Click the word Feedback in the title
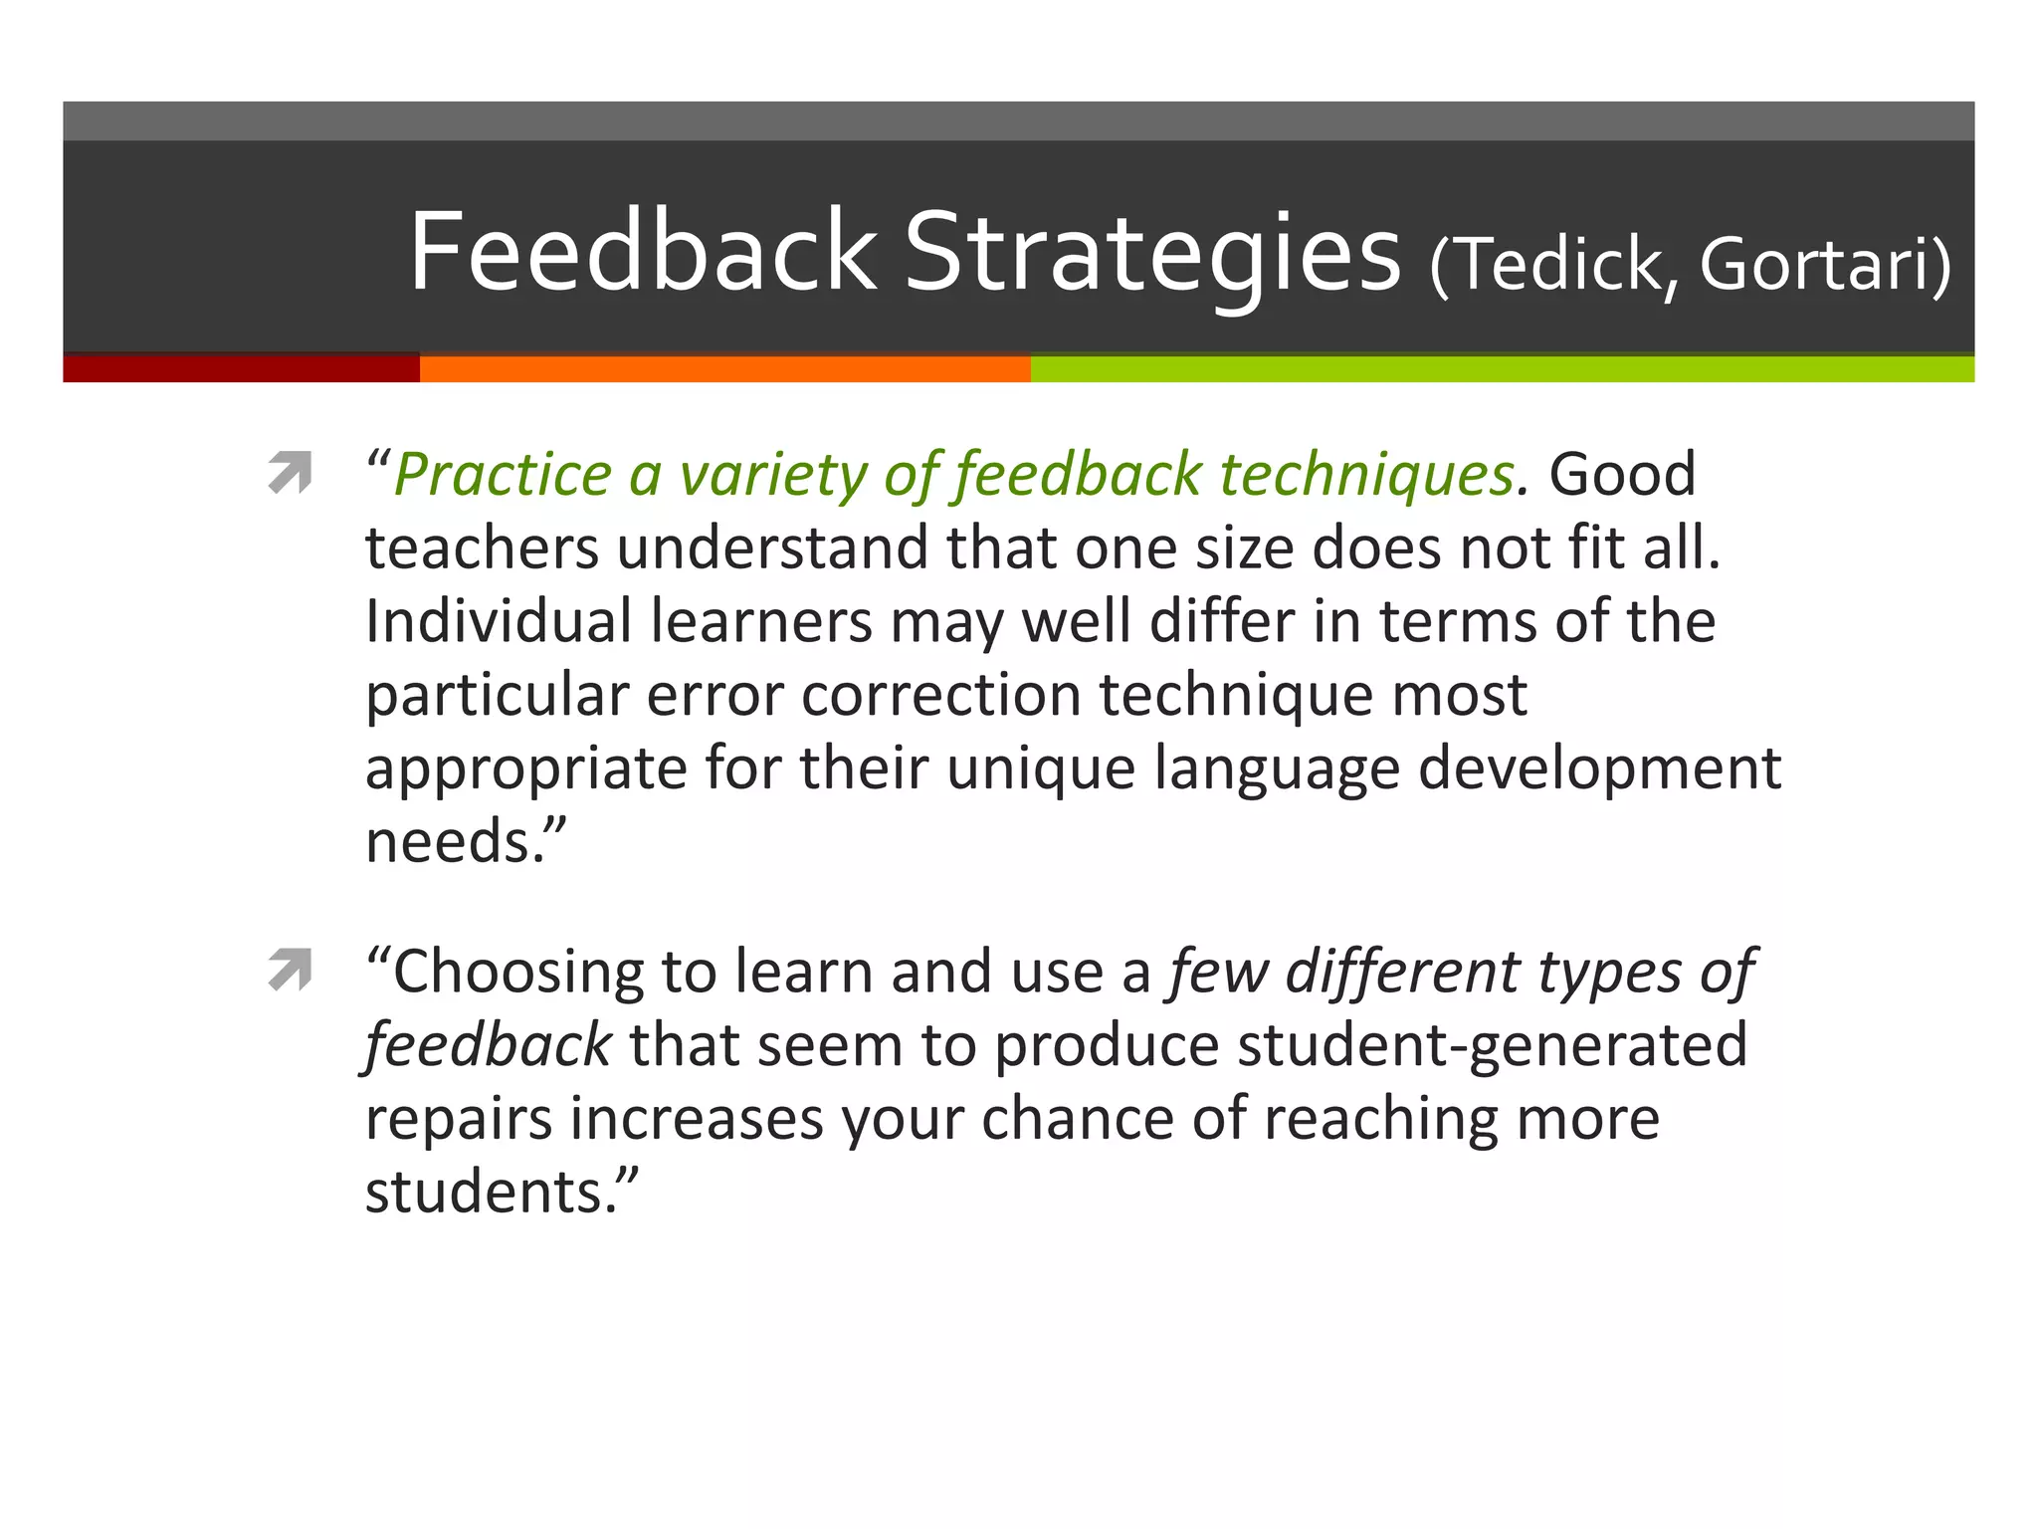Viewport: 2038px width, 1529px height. point(642,252)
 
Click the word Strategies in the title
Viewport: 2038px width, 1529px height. point(1151,252)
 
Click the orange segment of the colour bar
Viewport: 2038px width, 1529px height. point(724,368)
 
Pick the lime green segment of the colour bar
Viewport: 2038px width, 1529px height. point(1501,368)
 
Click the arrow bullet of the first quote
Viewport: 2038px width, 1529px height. point(290,474)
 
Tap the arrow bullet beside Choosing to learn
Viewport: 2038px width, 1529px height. point(290,971)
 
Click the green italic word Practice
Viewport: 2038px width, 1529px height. point(503,475)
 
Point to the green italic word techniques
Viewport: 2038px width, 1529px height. point(1366,475)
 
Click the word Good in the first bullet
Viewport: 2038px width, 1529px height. point(1622,474)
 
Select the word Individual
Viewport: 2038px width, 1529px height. point(499,621)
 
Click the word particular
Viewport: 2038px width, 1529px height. point(497,695)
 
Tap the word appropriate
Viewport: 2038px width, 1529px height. point(525,768)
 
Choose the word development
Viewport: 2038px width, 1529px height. point(1598,768)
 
